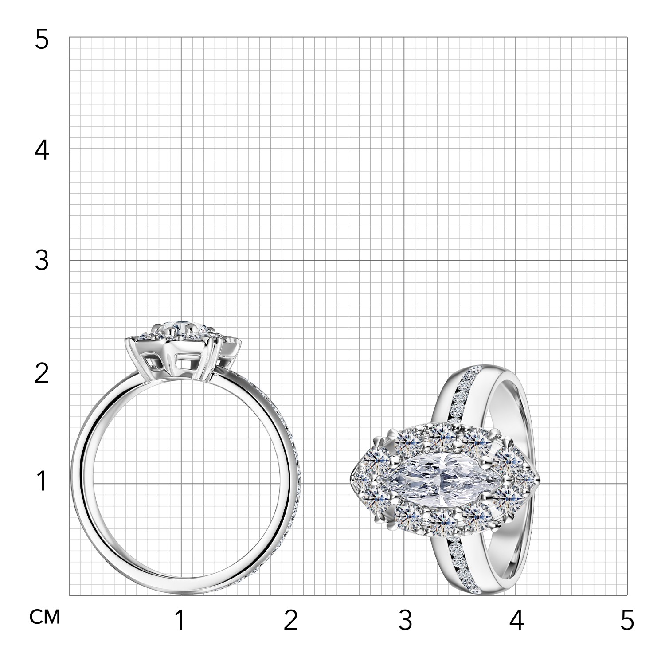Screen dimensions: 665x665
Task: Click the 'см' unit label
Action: (x=45, y=617)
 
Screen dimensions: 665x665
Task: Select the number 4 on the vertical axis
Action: (x=42, y=151)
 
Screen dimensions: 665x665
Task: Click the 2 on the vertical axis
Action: (x=42, y=374)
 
